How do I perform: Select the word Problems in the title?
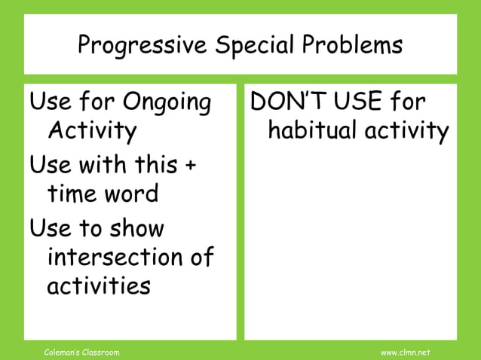pos(351,46)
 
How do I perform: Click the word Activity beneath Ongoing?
pos(93,132)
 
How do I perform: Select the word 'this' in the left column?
pos(155,164)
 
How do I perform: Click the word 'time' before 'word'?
pos(75,194)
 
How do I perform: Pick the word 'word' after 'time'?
pos(133,194)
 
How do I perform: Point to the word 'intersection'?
pos(112,258)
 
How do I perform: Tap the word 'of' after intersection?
pos(200,258)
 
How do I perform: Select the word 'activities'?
pos(99,287)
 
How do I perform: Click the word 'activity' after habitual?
pos(407,132)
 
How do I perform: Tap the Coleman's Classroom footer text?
pos(82,352)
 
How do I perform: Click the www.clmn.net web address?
pos(405,352)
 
